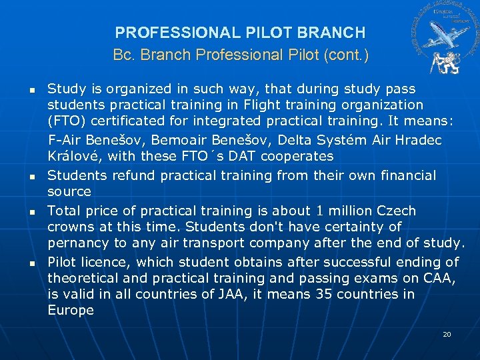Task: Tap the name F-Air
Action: tap(67, 141)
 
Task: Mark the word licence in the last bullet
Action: tap(109, 262)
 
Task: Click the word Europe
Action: tap(71, 310)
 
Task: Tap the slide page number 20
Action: tap(447, 334)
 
